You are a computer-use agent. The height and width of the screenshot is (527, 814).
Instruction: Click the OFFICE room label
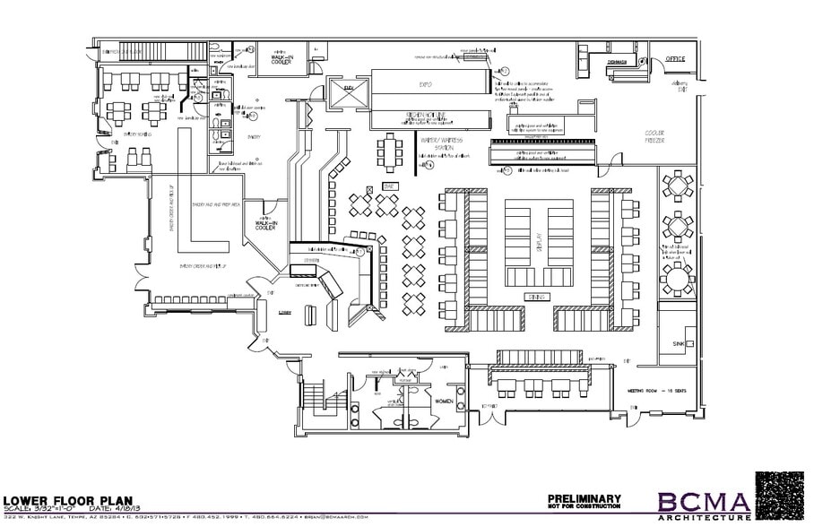675,59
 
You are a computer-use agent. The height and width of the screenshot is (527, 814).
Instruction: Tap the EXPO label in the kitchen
413,81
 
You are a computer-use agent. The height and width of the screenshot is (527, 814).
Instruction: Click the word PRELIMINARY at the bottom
584,498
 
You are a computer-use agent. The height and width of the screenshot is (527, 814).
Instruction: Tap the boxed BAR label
389,186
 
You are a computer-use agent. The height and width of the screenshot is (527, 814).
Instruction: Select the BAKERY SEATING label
136,132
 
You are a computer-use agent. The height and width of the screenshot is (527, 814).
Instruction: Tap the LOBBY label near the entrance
285,312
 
